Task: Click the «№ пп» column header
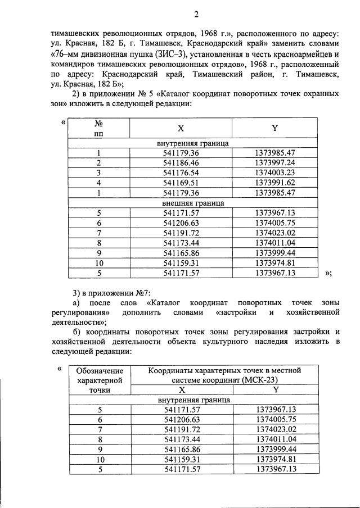coord(98,129)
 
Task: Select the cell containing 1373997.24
coord(274,163)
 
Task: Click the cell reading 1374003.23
coord(274,173)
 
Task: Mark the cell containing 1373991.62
coord(274,183)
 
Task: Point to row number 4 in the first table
coord(98,183)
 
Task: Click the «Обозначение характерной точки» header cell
coord(99,380)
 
